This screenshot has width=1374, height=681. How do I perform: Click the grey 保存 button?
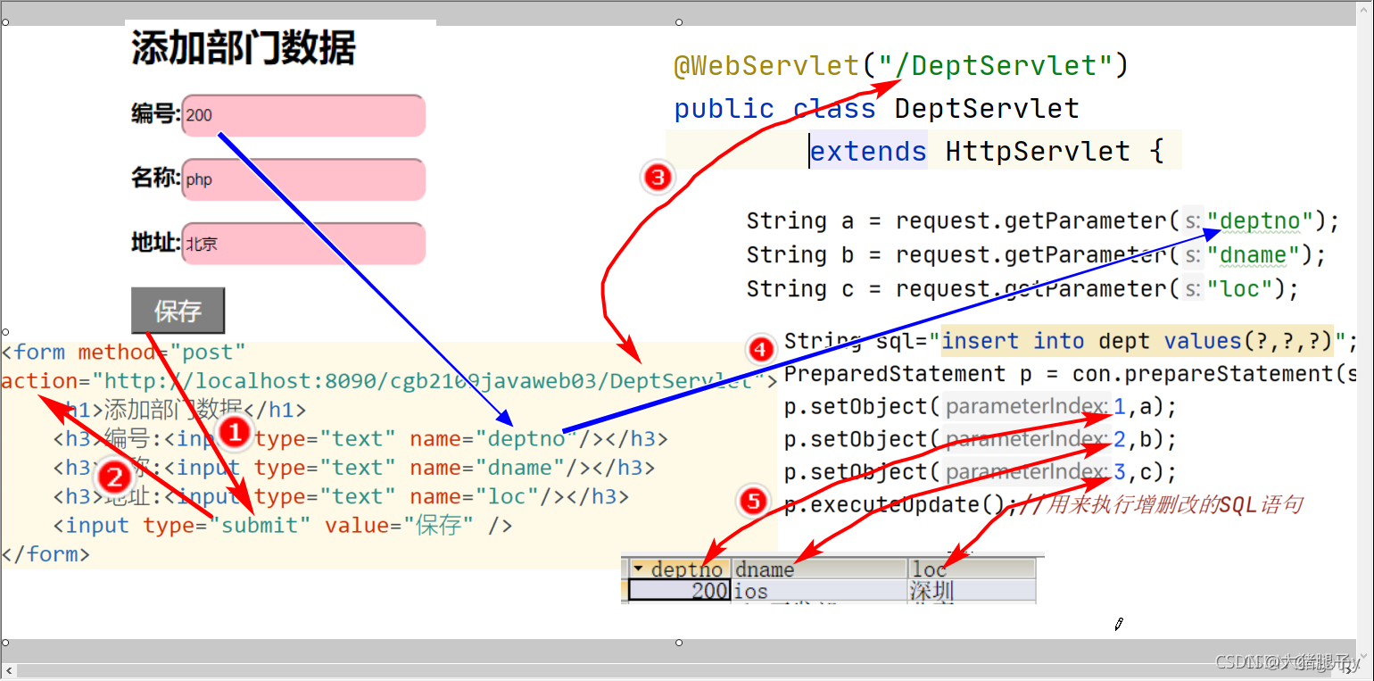click(178, 311)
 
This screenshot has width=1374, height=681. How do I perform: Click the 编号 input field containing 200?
click(303, 115)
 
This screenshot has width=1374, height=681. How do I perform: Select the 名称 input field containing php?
click(303, 179)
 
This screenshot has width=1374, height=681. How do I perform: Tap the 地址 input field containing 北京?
click(303, 244)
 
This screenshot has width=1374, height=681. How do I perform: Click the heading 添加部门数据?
click(244, 47)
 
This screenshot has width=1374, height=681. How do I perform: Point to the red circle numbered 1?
click(234, 433)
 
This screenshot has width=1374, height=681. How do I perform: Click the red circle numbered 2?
click(114, 478)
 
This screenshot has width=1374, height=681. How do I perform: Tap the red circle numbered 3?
click(658, 178)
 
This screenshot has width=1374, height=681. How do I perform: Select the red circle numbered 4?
click(760, 349)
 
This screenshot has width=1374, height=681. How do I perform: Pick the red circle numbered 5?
click(755, 502)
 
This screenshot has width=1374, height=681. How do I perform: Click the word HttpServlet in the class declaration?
click(1038, 151)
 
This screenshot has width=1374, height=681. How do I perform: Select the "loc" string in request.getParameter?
click(1240, 288)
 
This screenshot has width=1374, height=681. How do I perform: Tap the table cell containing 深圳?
click(931, 591)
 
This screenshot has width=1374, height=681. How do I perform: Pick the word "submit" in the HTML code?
click(261, 525)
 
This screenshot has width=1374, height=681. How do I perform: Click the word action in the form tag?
click(38, 381)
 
